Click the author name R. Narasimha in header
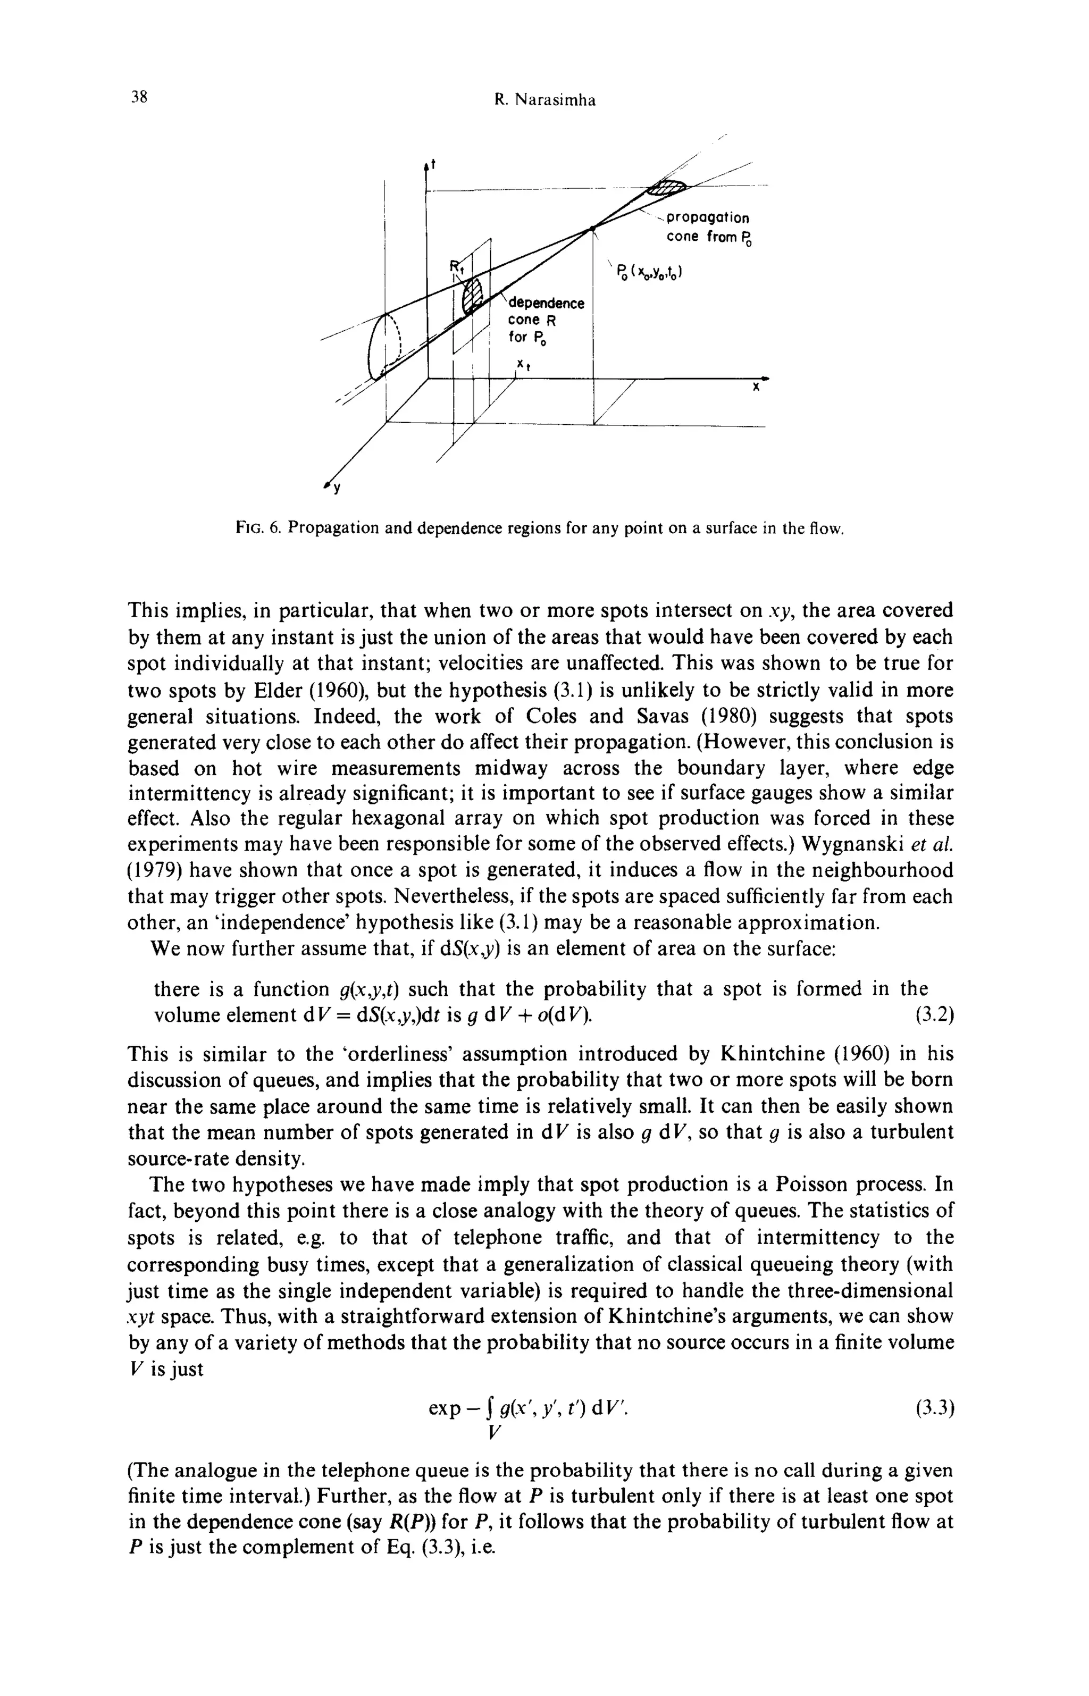(x=544, y=100)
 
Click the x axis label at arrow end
(x=755, y=388)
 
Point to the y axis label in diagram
(x=336, y=489)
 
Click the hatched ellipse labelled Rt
(x=472, y=296)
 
